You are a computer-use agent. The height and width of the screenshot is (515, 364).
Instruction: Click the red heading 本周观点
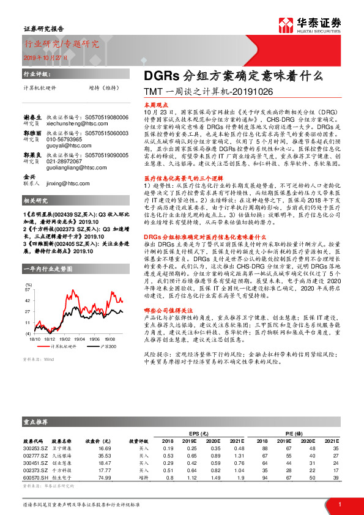point(155,105)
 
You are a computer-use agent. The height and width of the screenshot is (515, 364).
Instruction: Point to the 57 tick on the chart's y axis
point(28,289)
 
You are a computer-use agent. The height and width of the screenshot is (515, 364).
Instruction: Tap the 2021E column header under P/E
point(331,440)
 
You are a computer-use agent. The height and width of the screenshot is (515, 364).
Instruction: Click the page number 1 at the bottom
point(339,504)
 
